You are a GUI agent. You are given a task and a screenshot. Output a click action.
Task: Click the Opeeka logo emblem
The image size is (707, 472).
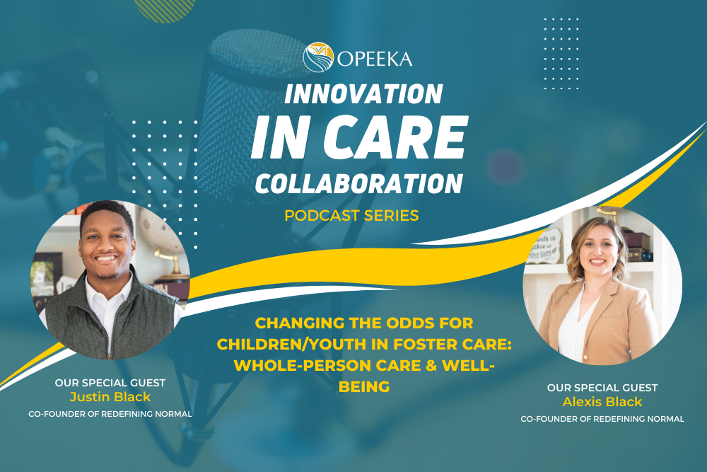point(318,57)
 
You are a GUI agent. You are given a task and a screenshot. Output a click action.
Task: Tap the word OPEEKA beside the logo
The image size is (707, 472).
point(375,58)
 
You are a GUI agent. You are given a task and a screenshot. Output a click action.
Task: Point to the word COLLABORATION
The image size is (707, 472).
point(359,182)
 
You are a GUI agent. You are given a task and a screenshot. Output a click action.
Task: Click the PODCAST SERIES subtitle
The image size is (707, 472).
point(351,215)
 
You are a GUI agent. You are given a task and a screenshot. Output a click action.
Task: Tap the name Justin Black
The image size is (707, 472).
point(110,397)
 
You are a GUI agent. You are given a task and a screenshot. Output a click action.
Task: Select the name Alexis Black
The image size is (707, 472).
point(602,402)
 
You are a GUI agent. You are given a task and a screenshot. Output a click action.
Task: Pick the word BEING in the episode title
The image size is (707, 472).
point(365,387)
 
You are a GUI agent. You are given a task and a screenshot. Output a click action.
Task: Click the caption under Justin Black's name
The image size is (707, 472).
point(110,413)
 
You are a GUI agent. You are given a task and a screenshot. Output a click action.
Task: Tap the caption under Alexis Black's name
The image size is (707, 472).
point(602,419)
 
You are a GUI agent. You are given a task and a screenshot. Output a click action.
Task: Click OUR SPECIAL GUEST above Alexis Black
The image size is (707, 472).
point(602,388)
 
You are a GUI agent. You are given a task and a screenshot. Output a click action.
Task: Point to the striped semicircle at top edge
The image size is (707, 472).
point(165,8)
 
